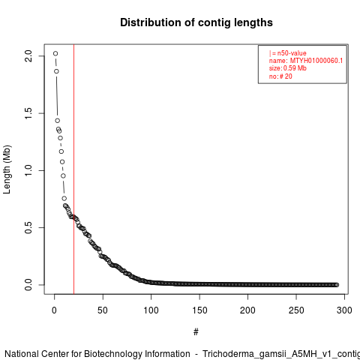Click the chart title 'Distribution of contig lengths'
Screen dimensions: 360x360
196,22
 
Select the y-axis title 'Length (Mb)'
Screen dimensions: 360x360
7,169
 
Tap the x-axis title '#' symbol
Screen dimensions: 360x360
196,332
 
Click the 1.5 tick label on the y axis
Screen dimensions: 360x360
28,113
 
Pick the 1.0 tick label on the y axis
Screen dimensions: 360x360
28,170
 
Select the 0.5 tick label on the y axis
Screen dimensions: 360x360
28,227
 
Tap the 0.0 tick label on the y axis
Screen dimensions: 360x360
28,285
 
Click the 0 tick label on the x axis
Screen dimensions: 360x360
54,310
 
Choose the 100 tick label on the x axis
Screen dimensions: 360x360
151,310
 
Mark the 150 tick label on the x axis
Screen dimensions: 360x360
199,310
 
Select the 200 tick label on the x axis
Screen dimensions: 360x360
247,310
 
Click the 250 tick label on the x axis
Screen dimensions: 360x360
296,310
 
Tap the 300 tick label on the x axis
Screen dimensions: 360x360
344,310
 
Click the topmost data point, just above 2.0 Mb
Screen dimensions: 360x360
55,53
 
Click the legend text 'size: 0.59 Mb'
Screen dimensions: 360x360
288,68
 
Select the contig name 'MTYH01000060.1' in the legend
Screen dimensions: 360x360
316,61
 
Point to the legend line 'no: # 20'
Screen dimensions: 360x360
280,76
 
